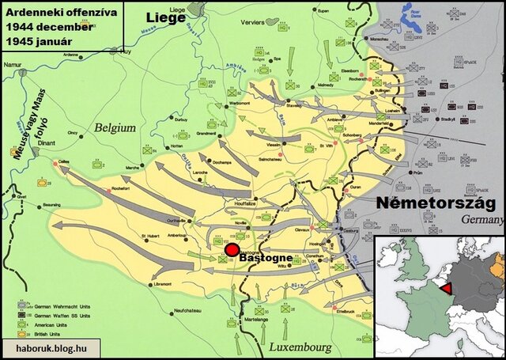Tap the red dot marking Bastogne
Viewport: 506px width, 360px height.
click(231, 251)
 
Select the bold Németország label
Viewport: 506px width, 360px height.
click(436, 203)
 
